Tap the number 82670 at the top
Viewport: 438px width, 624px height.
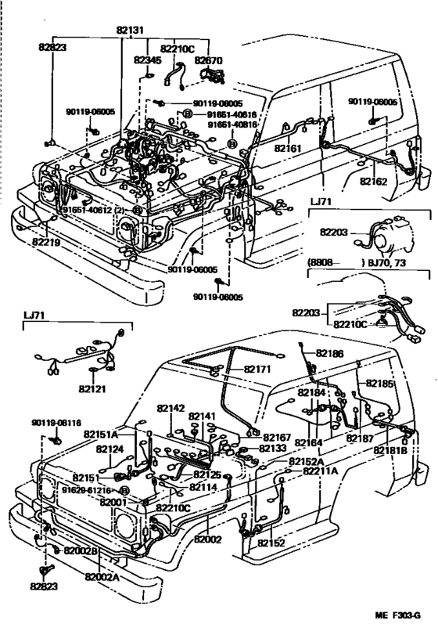tap(209, 59)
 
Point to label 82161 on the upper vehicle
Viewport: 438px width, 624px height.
tap(288, 146)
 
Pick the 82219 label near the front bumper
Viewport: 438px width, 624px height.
tap(47, 243)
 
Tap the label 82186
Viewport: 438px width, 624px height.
tap(329, 354)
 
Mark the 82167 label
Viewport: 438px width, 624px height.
tap(276, 437)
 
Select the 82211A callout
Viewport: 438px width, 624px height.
tap(321, 471)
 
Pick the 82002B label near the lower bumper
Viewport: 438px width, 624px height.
tap(81, 551)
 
